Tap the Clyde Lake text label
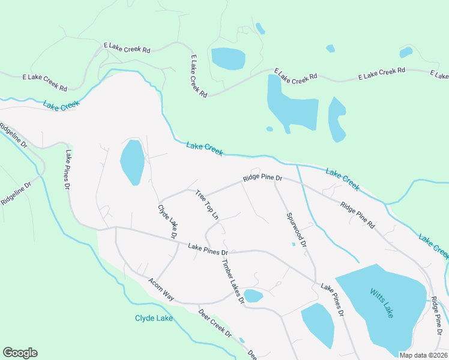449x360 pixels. coord(154,318)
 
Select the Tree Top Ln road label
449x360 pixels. coord(206,205)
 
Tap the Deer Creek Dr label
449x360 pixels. coord(215,322)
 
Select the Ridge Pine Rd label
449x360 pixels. coord(357,215)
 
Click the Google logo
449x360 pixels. coord(20,353)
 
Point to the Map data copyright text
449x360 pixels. coord(423,355)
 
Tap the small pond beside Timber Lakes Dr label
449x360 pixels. coord(253,296)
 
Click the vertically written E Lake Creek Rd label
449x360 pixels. coord(199,76)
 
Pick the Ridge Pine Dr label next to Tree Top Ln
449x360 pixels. coord(262,178)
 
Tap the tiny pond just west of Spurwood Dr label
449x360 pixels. coord(293,244)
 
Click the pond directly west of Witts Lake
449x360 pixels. coord(318,324)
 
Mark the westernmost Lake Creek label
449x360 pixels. coord(61,105)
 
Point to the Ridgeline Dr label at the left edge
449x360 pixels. coord(13,136)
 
